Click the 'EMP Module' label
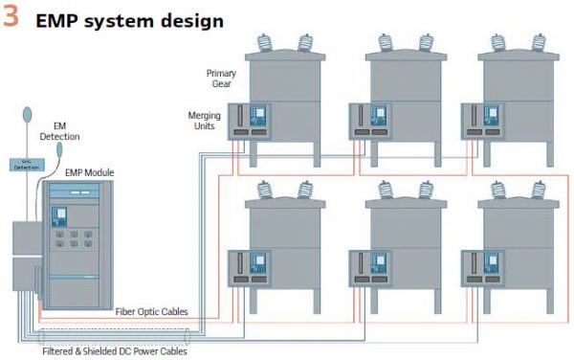[x=93, y=172]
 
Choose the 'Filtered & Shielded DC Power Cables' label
[x=114, y=350]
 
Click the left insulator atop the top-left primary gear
[x=269, y=43]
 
